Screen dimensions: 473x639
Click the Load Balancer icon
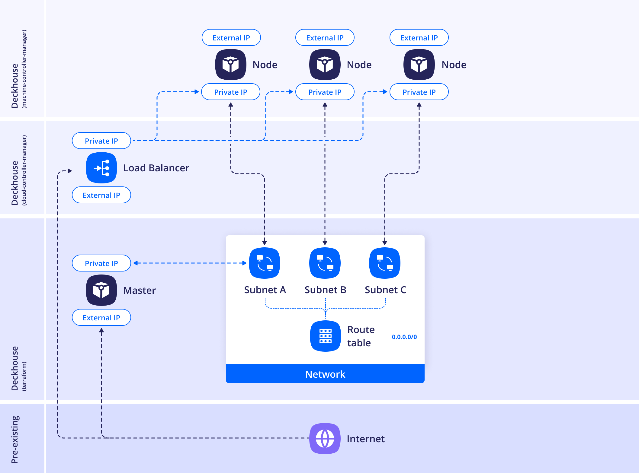[101, 168]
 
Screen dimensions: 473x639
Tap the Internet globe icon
[325, 439]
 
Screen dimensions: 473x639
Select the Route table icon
[325, 336]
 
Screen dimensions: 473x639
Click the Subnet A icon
[265, 263]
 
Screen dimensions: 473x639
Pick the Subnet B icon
[325, 263]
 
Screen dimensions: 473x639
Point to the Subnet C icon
[385, 263]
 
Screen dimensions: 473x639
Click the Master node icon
[101, 290]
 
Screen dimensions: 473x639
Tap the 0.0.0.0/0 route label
[404, 337]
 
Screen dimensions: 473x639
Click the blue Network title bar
[325, 374]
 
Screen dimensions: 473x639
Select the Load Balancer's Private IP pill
[101, 141]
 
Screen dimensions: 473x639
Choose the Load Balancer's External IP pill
[101, 195]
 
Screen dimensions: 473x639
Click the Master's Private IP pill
[101, 263]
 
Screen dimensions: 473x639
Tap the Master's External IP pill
[101, 318]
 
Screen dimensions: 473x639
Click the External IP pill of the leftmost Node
[231, 38]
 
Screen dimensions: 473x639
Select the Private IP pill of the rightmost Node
[419, 92]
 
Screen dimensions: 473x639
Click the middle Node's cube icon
[325, 65]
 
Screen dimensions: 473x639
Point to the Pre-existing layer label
[15, 439]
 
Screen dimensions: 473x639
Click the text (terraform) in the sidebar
[24, 376]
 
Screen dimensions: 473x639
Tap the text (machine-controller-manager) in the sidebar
[24, 69]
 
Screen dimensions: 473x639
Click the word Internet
[365, 439]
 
